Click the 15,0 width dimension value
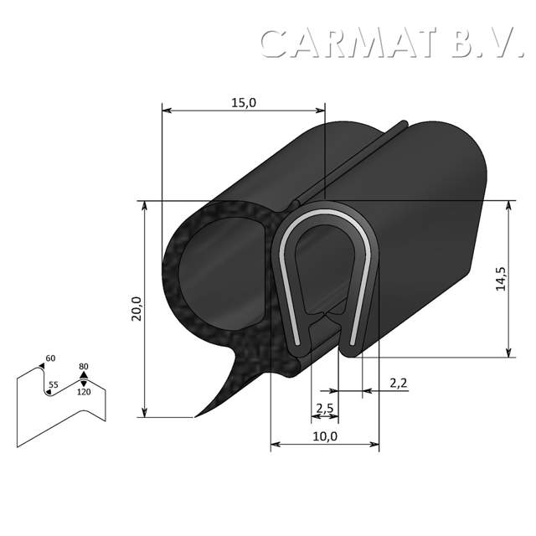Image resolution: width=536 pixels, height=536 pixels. pos(243,102)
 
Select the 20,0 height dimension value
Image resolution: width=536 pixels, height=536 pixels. pos(137,307)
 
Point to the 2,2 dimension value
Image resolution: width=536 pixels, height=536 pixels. pos(399,383)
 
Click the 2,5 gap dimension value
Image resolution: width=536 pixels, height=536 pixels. pos(324,409)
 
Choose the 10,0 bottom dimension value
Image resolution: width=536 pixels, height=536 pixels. pos(324,436)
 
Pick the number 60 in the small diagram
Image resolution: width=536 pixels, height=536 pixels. pos(51,358)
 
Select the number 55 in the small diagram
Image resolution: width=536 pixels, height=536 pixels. pos(53,385)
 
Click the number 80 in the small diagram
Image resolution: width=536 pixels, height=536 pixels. pos(84,366)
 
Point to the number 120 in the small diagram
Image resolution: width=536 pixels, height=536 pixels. pos(84,392)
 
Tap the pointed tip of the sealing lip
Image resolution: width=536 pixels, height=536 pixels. pos(196,415)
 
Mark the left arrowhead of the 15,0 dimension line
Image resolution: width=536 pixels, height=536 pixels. pos(165,110)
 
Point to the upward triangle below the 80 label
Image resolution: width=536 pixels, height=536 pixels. pos(83,376)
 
